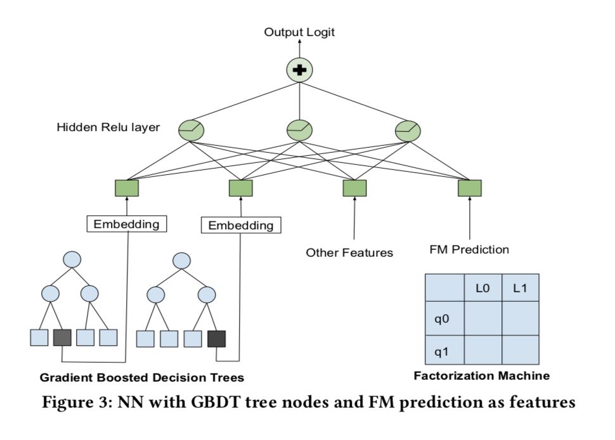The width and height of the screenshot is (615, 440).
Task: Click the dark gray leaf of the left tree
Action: (62, 337)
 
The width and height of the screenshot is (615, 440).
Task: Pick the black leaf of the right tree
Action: (216, 339)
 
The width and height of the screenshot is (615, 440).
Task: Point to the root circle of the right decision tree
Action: (182, 261)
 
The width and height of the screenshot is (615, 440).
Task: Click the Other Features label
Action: (349, 253)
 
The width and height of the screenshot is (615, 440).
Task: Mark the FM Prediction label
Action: (469, 250)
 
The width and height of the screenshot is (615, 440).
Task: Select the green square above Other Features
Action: (354, 188)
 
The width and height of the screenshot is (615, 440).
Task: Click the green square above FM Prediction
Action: (469, 188)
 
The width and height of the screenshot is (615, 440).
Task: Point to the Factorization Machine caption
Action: (481, 376)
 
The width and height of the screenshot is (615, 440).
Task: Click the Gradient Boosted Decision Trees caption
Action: (142, 379)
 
